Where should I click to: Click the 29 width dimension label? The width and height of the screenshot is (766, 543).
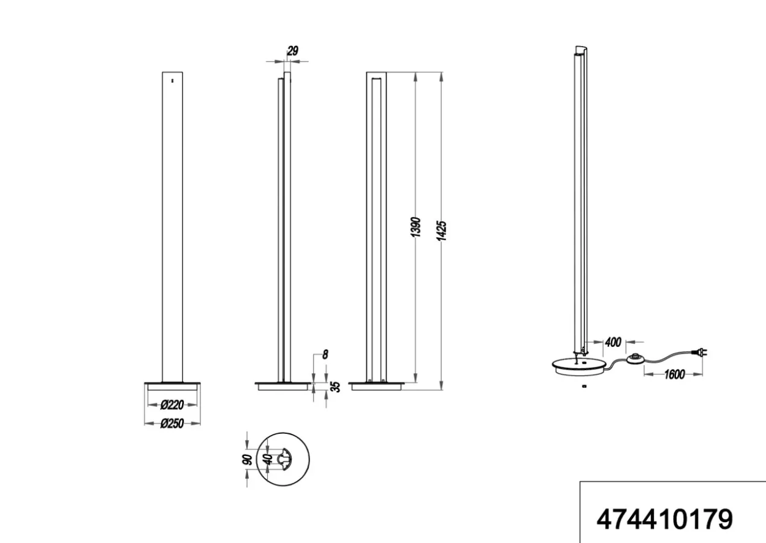292,51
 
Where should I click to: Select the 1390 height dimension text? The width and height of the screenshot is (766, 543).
415,227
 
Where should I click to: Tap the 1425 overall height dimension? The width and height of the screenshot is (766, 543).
441,231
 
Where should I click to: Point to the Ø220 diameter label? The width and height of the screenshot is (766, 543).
172,405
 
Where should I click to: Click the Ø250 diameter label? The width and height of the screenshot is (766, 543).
172,424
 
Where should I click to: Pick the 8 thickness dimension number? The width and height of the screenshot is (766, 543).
325,355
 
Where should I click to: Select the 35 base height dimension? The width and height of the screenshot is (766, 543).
336,387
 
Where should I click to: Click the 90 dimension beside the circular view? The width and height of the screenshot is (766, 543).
247,460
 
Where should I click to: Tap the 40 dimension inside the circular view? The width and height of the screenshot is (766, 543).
269,459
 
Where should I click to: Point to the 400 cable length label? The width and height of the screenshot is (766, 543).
613,342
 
